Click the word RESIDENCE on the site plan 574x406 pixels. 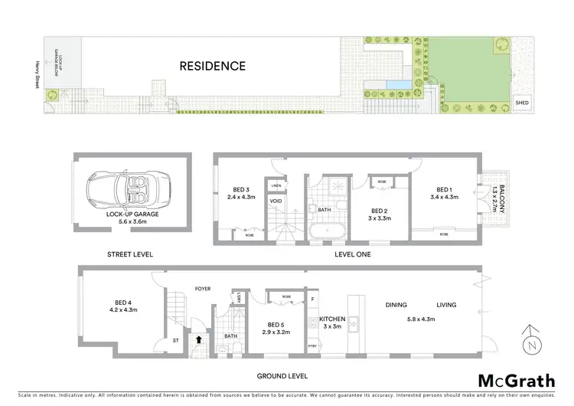pyautogui.click(x=213, y=66)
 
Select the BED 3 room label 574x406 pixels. pyautogui.click(x=241, y=191)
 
